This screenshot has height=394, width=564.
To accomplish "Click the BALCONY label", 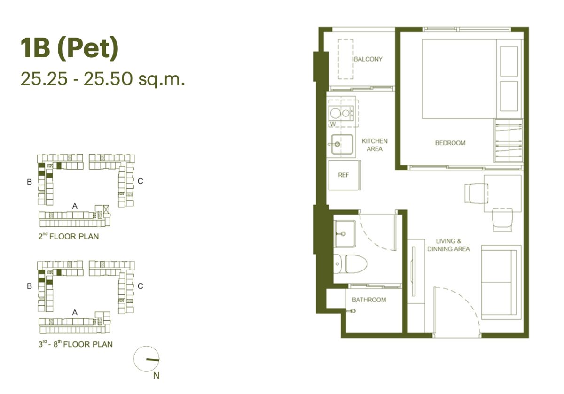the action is (x=368, y=59).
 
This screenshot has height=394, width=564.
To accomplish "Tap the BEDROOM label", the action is (x=450, y=143).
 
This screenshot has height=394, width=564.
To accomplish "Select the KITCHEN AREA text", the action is (x=375, y=145).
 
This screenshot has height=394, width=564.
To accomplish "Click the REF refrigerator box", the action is (x=344, y=175).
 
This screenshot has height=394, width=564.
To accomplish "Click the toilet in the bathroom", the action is (x=350, y=263).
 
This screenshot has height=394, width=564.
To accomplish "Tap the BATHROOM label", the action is (x=369, y=300).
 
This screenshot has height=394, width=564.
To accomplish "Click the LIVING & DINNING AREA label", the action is (x=448, y=245).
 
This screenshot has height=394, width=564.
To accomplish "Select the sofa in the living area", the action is (x=501, y=282).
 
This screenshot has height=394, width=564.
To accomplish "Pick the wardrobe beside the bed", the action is (x=509, y=140).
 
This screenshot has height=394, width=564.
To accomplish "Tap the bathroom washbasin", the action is (x=345, y=234).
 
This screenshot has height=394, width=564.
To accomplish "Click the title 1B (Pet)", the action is (x=70, y=49).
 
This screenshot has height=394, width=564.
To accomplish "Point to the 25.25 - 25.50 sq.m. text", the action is (x=103, y=78).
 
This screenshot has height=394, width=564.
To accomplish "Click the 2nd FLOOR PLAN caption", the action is (x=69, y=236).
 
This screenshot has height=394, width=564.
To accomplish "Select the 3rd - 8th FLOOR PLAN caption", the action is (x=75, y=344).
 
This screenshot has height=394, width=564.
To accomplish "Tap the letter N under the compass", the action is (x=156, y=376).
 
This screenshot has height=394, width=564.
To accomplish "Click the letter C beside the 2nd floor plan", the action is (x=140, y=181).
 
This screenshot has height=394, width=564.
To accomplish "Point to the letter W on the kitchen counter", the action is (x=333, y=124).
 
